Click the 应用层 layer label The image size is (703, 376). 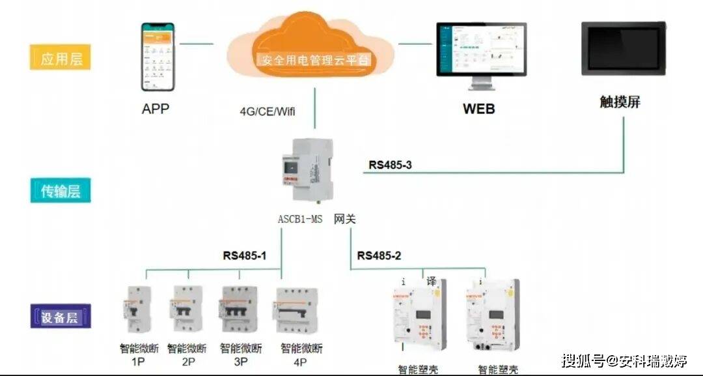coord(61,58)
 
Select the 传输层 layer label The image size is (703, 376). coord(60,191)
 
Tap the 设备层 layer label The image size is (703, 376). coord(60,317)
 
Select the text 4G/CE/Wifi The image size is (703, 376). coord(268,111)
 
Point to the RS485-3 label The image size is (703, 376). coord(390,165)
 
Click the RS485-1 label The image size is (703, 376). coord(245,255)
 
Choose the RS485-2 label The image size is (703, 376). coord(379,255)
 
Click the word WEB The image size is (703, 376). coord(478,109)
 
